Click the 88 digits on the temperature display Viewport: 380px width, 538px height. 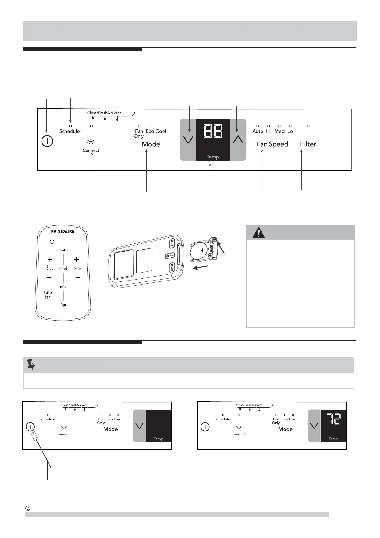(213, 131)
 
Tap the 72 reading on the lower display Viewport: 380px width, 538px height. (333, 419)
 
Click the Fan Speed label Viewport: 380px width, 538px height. (272, 144)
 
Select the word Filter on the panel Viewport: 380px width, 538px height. (308, 144)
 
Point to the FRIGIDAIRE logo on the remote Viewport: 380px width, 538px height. (63, 231)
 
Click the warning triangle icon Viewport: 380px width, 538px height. (258, 233)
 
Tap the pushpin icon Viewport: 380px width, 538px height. (31, 365)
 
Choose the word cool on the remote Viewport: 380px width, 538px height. (63, 269)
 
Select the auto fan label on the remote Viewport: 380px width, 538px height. (48, 295)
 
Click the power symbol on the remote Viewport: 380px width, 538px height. (52, 242)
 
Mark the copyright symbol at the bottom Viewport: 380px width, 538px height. (28, 508)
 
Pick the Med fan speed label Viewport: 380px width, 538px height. (279, 131)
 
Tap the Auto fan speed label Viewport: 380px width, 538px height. (258, 131)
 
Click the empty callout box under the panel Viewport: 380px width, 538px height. (83, 470)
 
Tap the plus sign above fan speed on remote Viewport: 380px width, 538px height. (50, 260)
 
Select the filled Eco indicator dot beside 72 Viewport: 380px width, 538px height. (284, 415)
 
